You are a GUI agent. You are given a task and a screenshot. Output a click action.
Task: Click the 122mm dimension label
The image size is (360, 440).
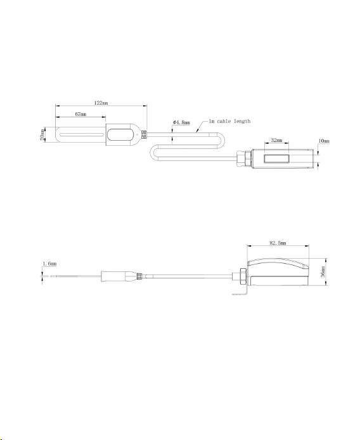(x=101, y=103)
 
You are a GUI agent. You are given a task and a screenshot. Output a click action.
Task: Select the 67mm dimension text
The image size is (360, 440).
(x=80, y=114)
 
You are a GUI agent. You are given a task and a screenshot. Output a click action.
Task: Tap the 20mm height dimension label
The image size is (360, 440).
(x=42, y=134)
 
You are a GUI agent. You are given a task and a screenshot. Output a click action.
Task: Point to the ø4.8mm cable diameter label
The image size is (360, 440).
(x=181, y=122)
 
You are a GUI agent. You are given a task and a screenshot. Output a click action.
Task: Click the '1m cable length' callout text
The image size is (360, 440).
(x=230, y=121)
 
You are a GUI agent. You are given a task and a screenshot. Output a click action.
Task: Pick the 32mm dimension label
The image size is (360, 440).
(x=276, y=140)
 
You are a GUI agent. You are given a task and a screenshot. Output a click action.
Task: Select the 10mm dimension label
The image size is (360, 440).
(x=324, y=141)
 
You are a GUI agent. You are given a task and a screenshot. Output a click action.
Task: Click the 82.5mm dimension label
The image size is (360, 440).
(x=278, y=243)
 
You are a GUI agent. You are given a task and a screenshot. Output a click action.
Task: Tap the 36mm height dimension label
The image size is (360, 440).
(x=323, y=271)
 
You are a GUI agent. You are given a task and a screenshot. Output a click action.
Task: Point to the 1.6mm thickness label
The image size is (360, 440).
(x=49, y=264)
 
